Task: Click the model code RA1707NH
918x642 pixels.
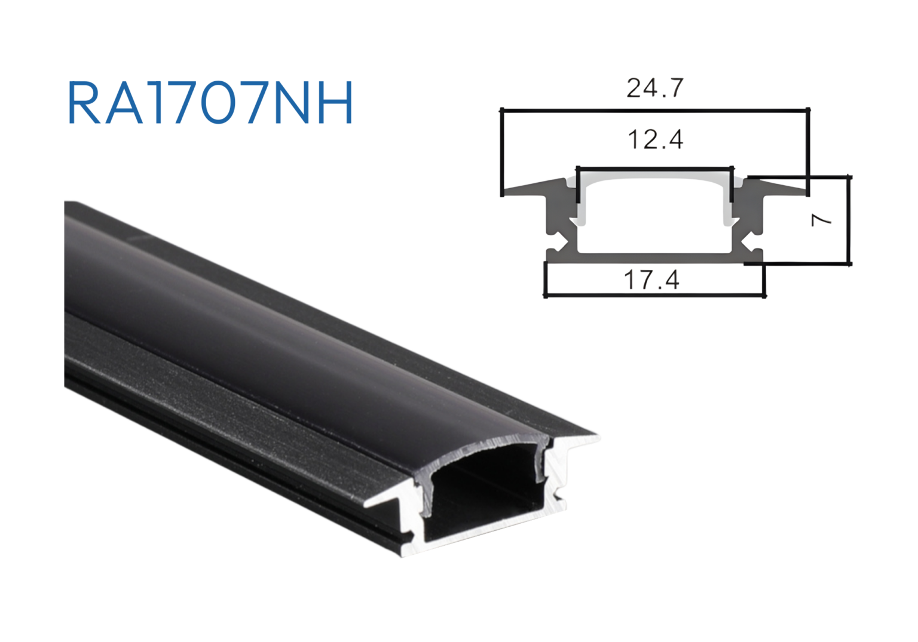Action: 210,103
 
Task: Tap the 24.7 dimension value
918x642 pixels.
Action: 655,88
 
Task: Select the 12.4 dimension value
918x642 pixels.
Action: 655,140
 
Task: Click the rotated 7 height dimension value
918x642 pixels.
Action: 821,220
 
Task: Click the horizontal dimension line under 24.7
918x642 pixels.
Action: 655,110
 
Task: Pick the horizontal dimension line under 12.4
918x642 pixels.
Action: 655,168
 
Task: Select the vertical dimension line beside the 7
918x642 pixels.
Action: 848,220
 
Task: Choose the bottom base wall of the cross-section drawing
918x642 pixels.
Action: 655,257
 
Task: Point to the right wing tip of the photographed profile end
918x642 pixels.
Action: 595,438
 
